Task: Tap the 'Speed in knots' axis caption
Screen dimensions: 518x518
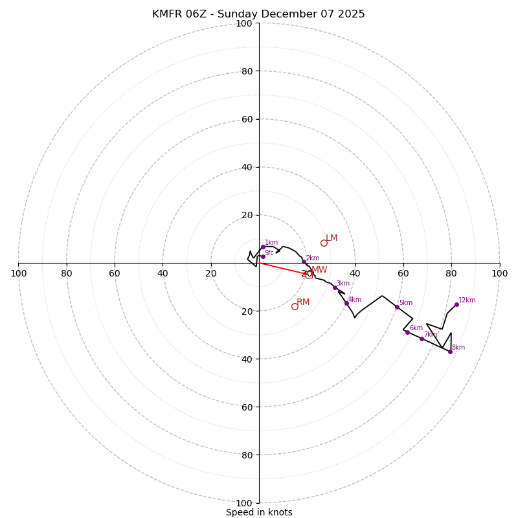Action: pyautogui.click(x=259, y=512)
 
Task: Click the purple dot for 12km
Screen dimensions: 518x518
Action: pyautogui.click(x=456, y=304)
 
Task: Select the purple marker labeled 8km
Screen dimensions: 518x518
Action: pyautogui.click(x=450, y=352)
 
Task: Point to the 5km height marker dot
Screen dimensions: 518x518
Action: pyautogui.click(x=397, y=307)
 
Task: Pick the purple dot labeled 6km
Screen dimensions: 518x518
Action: pyautogui.click(x=407, y=332)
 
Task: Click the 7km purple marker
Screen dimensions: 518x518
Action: pyautogui.click(x=422, y=339)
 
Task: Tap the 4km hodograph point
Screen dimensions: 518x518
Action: pyautogui.click(x=346, y=303)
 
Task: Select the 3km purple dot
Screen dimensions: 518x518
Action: pyautogui.click(x=335, y=287)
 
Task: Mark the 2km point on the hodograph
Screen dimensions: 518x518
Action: pyautogui.click(x=304, y=262)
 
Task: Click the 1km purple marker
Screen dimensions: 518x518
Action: pyautogui.click(x=263, y=247)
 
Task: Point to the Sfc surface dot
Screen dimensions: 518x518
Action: pyautogui.click(x=263, y=256)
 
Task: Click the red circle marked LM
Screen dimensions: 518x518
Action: pyautogui.click(x=324, y=243)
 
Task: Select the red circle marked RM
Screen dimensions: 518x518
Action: pyautogui.click(x=295, y=306)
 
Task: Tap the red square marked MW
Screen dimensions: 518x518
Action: pyautogui.click(x=309, y=275)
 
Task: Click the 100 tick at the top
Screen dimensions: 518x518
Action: pyautogui.click(x=244, y=24)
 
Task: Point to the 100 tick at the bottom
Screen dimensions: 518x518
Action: pyautogui.click(x=244, y=502)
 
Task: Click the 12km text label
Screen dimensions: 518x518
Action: pyautogui.click(x=467, y=300)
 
